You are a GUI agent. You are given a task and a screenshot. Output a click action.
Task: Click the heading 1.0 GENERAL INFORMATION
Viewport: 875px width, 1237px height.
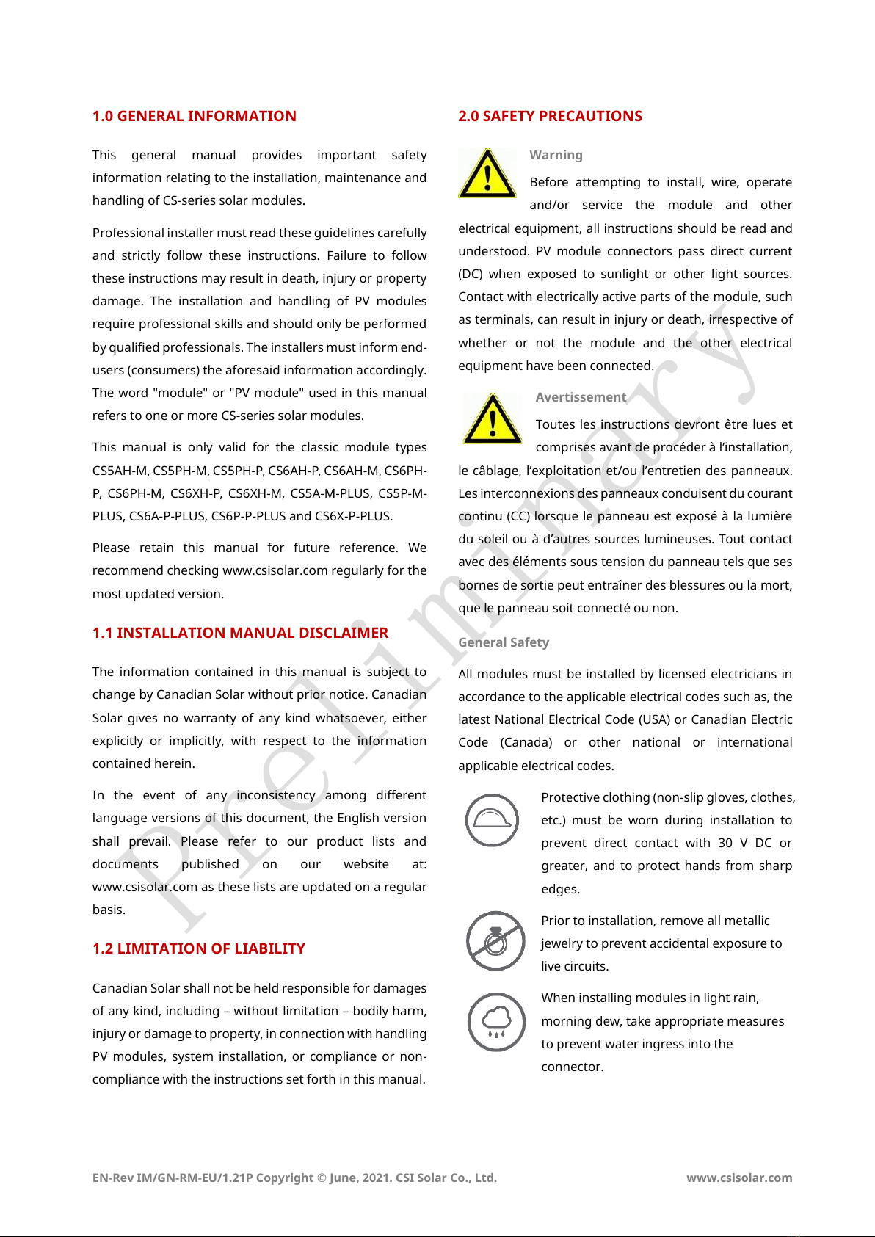pyautogui.click(x=194, y=116)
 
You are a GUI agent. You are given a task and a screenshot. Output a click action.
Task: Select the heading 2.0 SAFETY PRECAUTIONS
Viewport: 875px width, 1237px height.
pyautogui.click(x=550, y=116)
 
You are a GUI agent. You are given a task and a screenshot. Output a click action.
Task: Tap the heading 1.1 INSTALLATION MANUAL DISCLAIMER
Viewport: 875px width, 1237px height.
pyautogui.click(x=240, y=633)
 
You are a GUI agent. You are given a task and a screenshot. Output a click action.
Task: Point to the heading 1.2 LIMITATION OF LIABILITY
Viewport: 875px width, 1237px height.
pyautogui.click(x=198, y=948)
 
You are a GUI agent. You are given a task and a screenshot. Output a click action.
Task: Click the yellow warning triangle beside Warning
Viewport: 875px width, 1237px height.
pyautogui.click(x=487, y=175)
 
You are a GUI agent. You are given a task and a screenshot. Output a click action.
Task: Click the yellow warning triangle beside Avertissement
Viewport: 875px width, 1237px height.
pyautogui.click(x=493, y=420)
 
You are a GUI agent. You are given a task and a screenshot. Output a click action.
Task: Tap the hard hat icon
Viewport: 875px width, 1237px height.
pyautogui.click(x=492, y=820)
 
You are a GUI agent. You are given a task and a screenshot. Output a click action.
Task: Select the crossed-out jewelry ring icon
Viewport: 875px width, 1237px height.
pyautogui.click(x=495, y=940)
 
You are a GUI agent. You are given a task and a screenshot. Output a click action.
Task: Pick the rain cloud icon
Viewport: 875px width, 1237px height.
pyautogui.click(x=497, y=1021)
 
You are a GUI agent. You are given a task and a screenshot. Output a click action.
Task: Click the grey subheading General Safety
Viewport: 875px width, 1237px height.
pyautogui.click(x=504, y=642)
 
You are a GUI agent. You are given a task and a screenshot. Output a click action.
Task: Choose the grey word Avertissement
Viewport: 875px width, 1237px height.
pyautogui.click(x=581, y=397)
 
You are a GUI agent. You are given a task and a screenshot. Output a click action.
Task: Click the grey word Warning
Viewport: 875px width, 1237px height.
pyautogui.click(x=556, y=155)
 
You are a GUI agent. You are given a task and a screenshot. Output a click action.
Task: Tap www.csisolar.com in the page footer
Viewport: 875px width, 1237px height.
pyautogui.click(x=739, y=1178)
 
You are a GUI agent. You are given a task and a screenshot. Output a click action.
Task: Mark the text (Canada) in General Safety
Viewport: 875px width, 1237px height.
pyautogui.click(x=526, y=742)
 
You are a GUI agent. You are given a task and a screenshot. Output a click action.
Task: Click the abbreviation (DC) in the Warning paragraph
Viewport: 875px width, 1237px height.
pyautogui.click(x=471, y=274)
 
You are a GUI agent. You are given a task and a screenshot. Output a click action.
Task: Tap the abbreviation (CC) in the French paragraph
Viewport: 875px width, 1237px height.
pyautogui.click(x=515, y=516)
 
